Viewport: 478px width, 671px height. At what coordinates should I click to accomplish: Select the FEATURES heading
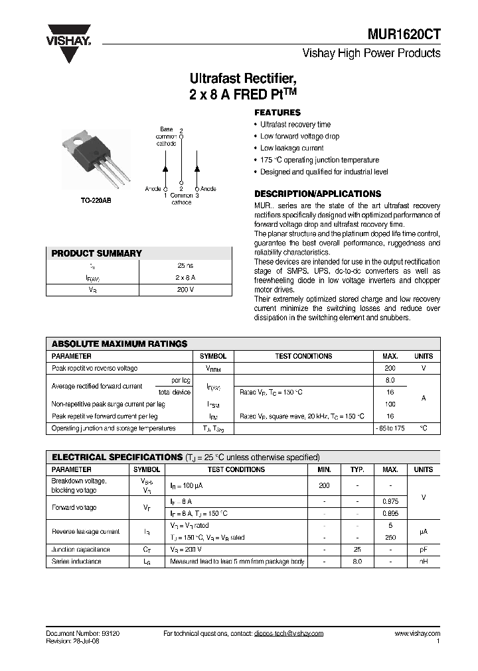coord(278,113)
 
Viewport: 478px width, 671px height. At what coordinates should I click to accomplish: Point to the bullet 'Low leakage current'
coord(291,148)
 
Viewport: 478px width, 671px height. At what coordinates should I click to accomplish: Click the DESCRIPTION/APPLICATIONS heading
coord(318,194)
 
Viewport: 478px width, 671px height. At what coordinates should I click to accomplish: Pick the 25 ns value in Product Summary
coord(185,265)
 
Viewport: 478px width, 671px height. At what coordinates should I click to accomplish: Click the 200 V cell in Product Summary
coord(185,289)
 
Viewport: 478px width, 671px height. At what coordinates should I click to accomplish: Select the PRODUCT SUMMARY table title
coord(97,253)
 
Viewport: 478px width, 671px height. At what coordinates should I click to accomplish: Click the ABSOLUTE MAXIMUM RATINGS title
coord(119,343)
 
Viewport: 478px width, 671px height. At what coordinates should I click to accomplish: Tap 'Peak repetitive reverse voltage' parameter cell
coord(95,367)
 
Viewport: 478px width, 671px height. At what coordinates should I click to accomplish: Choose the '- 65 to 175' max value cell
coord(390,428)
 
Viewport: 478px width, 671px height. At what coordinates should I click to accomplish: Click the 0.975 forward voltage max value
coord(390,501)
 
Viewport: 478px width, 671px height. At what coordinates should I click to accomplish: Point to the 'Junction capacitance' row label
coord(81,550)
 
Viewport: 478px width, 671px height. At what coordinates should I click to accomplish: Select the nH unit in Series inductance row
coord(423,562)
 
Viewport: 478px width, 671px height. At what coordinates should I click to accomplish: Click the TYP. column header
coord(357,469)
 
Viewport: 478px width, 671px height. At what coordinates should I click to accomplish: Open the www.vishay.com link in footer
coord(417,633)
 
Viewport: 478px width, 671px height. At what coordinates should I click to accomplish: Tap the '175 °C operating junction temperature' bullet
coord(319,160)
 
